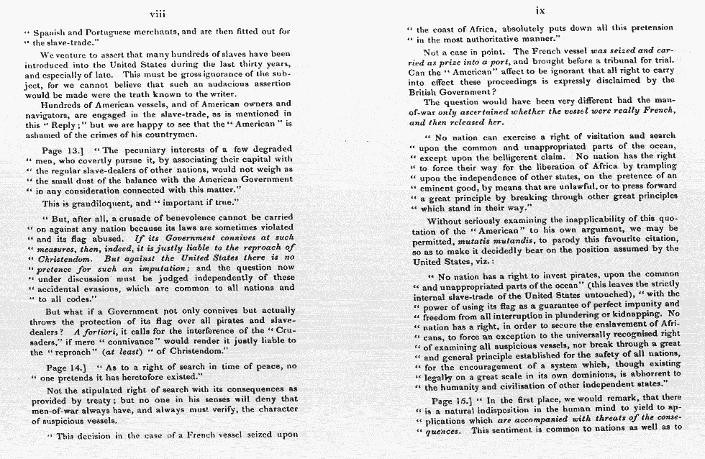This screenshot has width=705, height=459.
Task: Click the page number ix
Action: tap(540, 12)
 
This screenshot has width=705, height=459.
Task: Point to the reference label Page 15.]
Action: tap(453, 399)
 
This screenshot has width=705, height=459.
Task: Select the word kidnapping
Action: tap(639, 314)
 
